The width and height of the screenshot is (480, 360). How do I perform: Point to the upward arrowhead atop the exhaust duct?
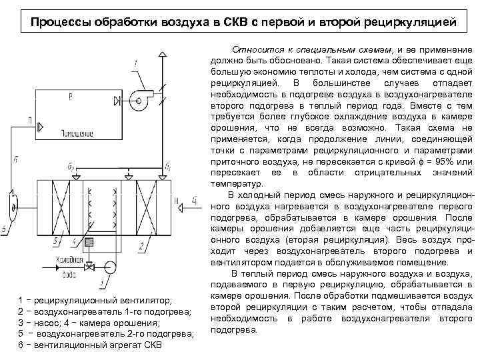pyautogui.click(x=162, y=55)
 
